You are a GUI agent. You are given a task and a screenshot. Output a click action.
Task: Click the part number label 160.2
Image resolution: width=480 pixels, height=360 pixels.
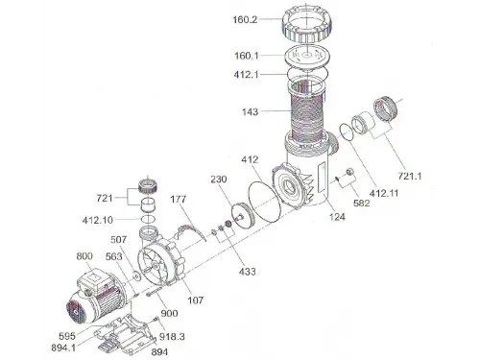click(x=245, y=20)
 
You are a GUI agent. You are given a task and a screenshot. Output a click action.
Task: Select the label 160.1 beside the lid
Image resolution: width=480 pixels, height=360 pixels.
click(x=246, y=56)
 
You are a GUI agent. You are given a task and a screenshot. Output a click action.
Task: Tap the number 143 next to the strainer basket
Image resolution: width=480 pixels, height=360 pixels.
click(x=250, y=112)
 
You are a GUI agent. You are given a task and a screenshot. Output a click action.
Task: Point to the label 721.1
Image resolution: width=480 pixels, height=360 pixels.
click(x=410, y=176)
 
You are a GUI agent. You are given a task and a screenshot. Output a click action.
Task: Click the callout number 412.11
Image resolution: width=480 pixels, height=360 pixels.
click(x=384, y=193)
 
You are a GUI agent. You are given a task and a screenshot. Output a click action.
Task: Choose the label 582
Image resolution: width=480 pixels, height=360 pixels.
click(x=362, y=204)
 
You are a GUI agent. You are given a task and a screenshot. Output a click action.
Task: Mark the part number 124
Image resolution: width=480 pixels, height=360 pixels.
click(x=337, y=217)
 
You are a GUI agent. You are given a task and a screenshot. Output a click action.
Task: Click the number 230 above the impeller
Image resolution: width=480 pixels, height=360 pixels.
click(x=219, y=180)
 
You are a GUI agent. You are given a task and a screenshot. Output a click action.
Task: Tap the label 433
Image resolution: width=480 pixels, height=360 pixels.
click(x=248, y=272)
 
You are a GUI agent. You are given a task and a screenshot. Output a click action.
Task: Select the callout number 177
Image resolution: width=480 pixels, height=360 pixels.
click(x=178, y=200)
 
